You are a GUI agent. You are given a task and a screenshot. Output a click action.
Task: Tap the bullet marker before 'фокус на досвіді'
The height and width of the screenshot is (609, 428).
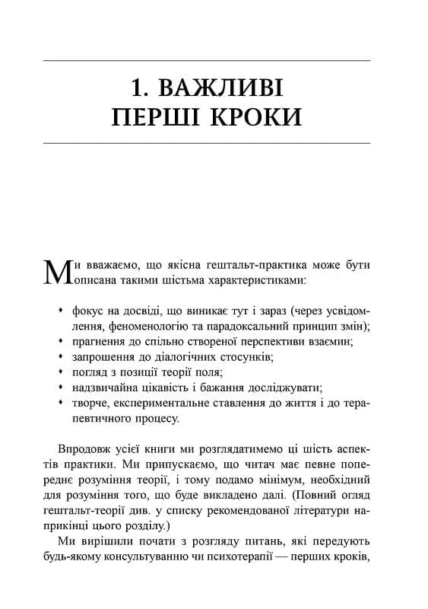[x=61, y=311]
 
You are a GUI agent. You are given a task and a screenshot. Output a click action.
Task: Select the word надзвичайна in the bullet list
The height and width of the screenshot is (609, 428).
[x=105, y=387]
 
